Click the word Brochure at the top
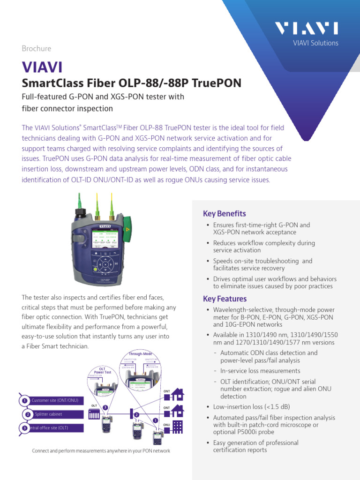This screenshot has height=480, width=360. coord(37,48)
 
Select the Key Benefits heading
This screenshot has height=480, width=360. coord(224,214)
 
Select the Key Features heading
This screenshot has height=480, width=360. coord(225,299)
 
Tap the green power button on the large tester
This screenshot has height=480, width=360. coord(96,269)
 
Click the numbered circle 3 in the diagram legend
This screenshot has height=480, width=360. coord(24,428)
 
